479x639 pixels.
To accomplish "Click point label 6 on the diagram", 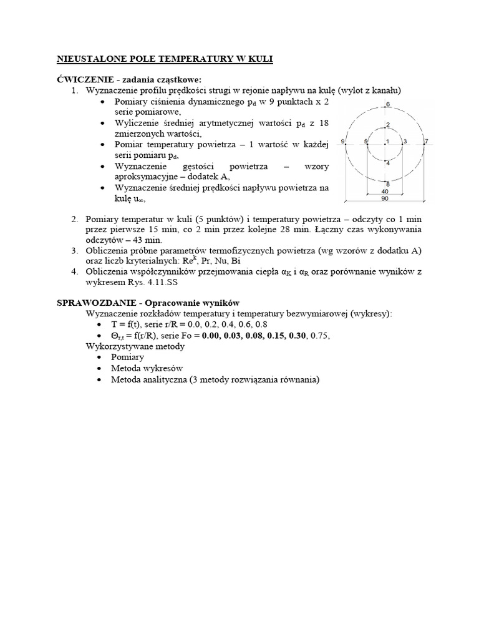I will [387, 104].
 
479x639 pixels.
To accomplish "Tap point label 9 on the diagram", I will [344, 142].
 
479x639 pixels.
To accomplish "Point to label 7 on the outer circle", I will [426, 142].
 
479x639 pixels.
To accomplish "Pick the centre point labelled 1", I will [388, 142].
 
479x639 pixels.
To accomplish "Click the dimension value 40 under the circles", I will [385, 192].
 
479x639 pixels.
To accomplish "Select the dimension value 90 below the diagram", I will [385, 198].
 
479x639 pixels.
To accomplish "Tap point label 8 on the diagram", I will [387, 183].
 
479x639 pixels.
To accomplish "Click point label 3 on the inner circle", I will [405, 142].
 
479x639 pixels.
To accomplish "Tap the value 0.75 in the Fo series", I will [319, 335].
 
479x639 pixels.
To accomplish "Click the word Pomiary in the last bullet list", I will [127, 357].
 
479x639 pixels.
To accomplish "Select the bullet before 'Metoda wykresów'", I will [101, 369].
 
